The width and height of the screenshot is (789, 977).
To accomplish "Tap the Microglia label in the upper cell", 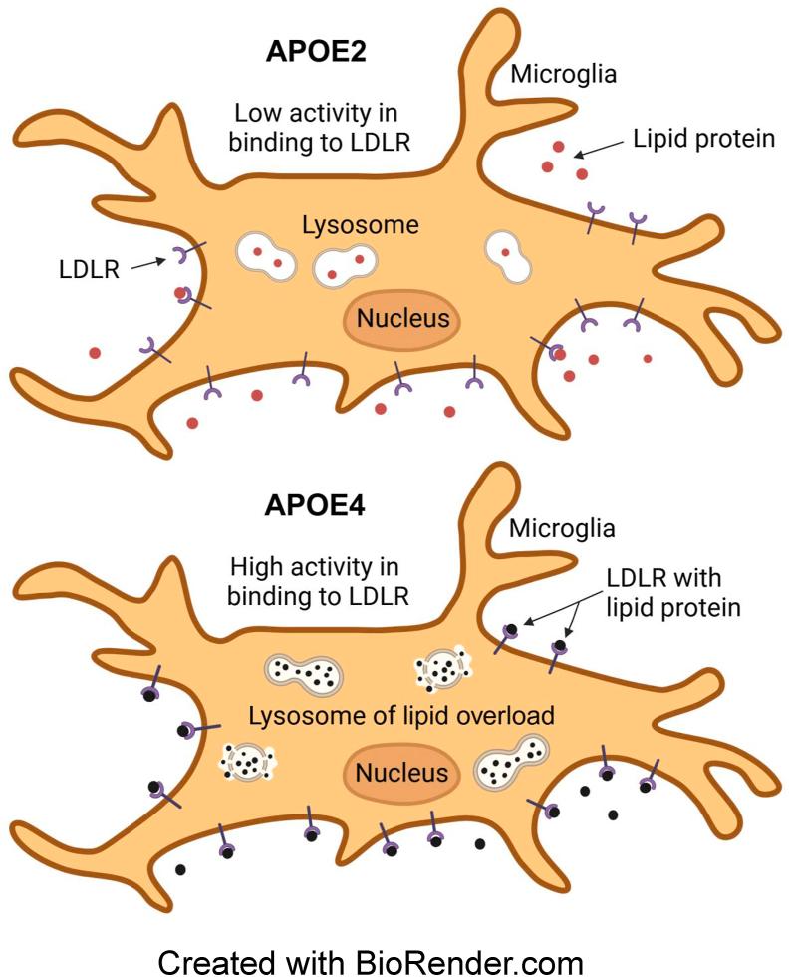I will (562, 74).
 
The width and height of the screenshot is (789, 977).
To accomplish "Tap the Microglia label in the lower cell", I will (562, 527).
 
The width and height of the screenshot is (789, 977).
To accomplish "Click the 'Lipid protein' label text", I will (703, 139).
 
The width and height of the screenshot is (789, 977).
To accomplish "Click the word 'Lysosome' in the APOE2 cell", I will (360, 226).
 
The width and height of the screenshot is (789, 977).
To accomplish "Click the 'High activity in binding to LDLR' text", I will (314, 581).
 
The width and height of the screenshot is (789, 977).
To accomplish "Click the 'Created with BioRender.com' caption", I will (371, 962).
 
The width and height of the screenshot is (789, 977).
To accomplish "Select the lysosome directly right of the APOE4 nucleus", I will (510, 766).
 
